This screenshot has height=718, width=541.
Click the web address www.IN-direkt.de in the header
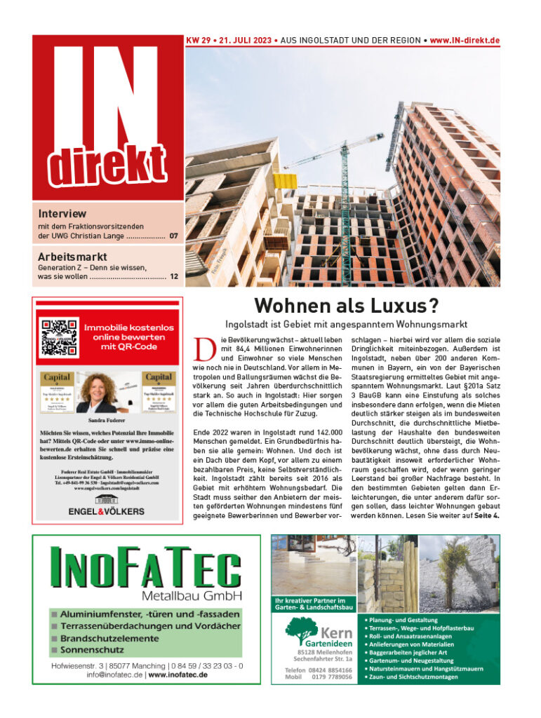click(465, 41)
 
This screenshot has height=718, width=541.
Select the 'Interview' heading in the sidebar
click(62, 213)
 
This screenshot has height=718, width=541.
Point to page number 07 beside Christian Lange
click(173, 236)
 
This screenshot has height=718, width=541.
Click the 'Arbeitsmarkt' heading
click(73, 256)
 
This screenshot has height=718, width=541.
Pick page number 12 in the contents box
click(173, 277)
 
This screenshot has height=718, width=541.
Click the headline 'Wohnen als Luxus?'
click(345, 306)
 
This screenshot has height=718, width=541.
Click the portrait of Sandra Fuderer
click(107, 392)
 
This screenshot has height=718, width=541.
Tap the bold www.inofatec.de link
click(178, 675)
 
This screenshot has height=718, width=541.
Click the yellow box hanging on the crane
click(283, 181)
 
